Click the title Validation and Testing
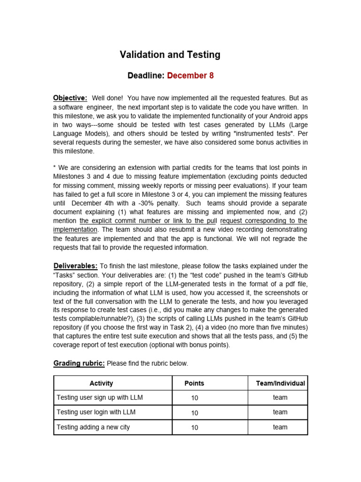pyautogui.click(x=170, y=55)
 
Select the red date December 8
pyautogui.click(x=190, y=76)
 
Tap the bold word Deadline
pyautogui.click(x=146, y=76)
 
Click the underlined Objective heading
pyautogui.click(x=70, y=98)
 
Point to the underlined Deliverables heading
pyautogui.click(x=75, y=266)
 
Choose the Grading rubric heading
pyautogui.click(x=79, y=363)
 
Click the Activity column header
pyautogui.click(x=101, y=383)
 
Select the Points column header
pyautogui.click(x=194, y=383)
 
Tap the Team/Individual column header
pyautogui.click(x=280, y=383)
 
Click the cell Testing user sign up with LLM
pyautogui.click(x=100, y=397)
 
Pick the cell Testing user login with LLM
pyautogui.click(x=96, y=412)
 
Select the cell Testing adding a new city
pyautogui.click(x=93, y=427)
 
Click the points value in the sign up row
pyautogui.click(x=195, y=398)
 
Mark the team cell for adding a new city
pyautogui.click(x=280, y=427)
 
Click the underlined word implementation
pyautogui.click(x=75, y=230)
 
